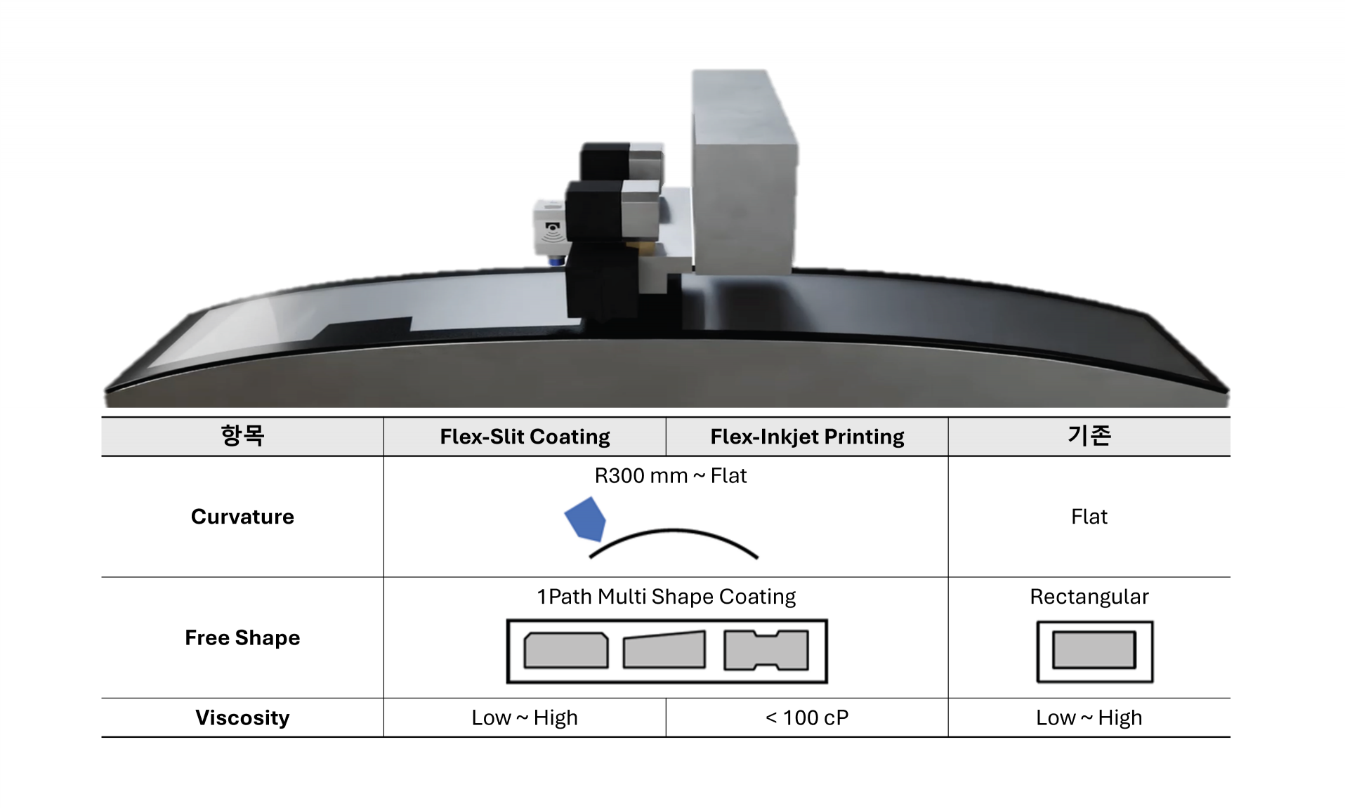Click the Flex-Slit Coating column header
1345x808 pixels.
(525, 437)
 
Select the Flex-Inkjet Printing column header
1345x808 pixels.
(807, 437)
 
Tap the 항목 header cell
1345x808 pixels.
(242, 435)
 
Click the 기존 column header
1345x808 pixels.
(1089, 435)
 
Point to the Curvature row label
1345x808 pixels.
(242, 517)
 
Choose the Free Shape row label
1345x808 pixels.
(242, 637)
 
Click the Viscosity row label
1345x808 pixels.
(242, 717)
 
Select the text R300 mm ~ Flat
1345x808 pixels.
(671, 476)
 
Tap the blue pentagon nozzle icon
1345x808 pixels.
(585, 519)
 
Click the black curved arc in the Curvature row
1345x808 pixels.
(674, 531)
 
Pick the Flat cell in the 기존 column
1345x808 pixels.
(1089, 517)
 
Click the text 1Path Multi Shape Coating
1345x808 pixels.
(667, 597)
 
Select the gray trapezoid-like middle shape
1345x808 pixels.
(664, 650)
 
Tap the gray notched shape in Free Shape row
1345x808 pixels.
(766, 650)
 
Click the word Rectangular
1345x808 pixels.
(1089, 597)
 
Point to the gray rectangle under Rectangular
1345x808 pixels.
(1094, 650)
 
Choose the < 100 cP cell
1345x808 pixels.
(807, 717)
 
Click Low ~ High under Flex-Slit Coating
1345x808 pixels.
(525, 717)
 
